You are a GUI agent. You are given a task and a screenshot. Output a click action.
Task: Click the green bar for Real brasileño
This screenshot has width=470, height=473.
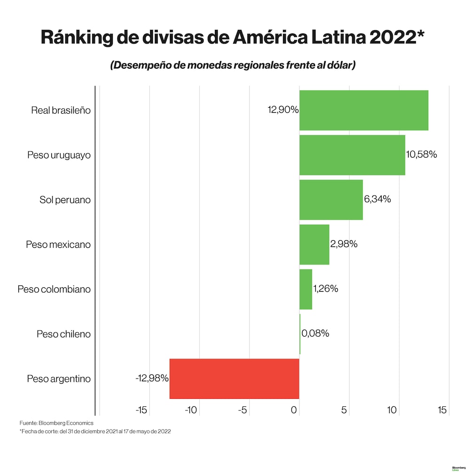[363, 110]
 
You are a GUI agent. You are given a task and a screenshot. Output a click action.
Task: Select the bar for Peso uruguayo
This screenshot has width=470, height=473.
[352, 155]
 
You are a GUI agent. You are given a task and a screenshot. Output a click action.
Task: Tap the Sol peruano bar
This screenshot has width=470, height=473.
[331, 199]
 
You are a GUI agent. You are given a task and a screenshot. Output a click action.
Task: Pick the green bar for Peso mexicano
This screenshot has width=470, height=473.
[314, 244]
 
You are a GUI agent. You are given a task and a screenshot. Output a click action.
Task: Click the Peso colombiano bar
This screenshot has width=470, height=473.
[305, 289]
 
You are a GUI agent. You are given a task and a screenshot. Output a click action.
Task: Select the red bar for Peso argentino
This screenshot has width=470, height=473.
[234, 378]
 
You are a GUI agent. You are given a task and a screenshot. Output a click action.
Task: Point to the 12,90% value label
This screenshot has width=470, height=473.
[283, 110]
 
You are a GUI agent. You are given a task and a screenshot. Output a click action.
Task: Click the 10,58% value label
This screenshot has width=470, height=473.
[422, 155]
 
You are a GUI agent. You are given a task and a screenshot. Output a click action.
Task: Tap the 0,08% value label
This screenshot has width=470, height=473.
[315, 333]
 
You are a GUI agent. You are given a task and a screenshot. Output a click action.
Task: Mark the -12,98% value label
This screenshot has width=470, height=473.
[152, 378]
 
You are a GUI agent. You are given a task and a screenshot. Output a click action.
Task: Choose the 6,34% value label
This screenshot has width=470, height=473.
[377, 199]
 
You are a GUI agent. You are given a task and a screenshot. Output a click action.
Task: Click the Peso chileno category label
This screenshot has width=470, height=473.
[63, 334]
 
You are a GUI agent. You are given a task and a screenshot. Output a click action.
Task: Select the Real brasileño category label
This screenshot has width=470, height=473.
[61, 110]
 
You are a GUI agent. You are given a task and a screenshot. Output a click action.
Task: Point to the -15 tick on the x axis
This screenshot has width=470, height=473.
[141, 410]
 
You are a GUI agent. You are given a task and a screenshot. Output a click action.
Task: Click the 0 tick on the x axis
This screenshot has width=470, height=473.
[294, 410]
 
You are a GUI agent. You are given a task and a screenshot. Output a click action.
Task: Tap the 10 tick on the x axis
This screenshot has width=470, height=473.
[392, 410]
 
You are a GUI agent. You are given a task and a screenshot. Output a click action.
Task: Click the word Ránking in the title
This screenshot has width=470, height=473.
[83, 38]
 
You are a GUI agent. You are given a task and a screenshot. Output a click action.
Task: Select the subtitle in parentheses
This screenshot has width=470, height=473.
[233, 65]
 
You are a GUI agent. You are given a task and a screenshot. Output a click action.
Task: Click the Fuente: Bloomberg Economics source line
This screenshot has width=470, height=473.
[56, 423]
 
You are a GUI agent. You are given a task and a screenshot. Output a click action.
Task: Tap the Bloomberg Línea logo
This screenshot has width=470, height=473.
[458, 468]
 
